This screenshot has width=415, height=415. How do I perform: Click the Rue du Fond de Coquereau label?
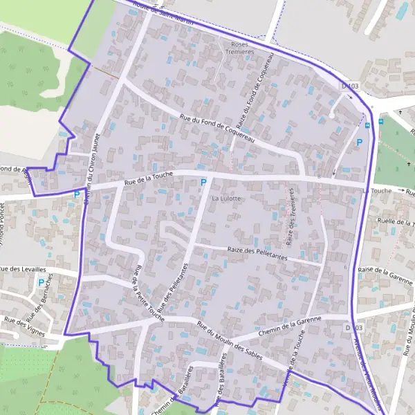tap(217, 129)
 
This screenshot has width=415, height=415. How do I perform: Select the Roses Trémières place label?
tap(241, 48)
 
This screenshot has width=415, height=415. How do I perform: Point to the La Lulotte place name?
tap(227, 199)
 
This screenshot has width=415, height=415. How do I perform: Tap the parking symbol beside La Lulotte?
tap(203, 183)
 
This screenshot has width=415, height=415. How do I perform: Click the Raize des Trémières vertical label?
tap(291, 228)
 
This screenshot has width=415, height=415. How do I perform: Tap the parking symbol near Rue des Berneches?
tap(41, 283)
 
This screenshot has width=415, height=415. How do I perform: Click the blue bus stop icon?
tap(368, 124)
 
